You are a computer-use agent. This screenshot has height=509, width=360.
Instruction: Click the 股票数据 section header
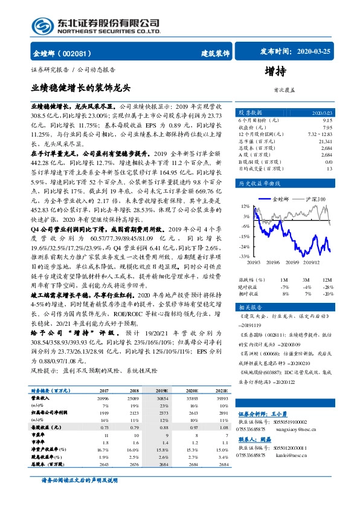coord(249,112)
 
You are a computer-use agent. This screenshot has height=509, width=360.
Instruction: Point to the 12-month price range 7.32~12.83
coord(320,134)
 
